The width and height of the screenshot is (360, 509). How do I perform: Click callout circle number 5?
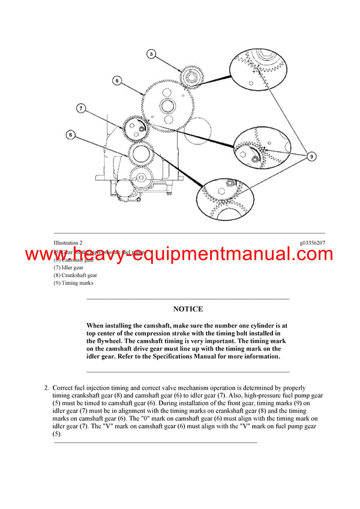[151, 55]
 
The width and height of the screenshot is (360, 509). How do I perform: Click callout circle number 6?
[117, 80]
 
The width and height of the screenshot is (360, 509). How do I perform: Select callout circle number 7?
[80, 109]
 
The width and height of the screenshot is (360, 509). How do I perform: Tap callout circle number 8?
[71, 135]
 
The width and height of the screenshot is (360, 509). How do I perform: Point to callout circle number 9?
[312, 156]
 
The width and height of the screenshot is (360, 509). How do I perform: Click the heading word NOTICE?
[188, 309]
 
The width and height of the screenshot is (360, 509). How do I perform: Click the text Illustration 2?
[68, 243]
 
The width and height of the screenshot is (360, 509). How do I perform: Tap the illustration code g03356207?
[312, 243]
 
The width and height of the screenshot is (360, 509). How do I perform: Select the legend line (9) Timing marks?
[73, 283]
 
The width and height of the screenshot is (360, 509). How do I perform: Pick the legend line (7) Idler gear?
[69, 267]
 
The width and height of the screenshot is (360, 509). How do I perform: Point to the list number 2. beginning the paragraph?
[47, 388]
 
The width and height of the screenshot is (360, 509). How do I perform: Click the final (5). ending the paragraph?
[57, 433]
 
